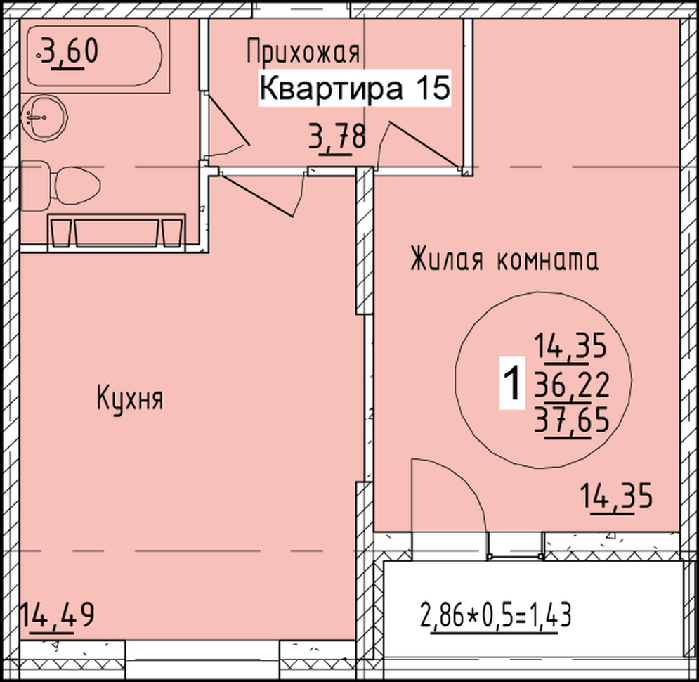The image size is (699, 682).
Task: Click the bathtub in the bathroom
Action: (x=95, y=56)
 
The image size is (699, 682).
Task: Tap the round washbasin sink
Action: (x=44, y=117)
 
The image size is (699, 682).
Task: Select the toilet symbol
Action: (x=60, y=186)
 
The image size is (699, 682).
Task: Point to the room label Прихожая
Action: (x=303, y=51)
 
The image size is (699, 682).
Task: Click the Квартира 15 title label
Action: (x=354, y=88)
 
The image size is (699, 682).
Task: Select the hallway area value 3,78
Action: (x=337, y=137)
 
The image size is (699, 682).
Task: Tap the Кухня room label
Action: (x=130, y=399)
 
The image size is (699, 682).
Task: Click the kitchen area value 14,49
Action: (x=57, y=616)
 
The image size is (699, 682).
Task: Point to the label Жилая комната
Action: (x=504, y=259)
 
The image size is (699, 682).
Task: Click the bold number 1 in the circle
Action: (x=511, y=382)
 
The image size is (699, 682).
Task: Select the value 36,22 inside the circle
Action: (x=572, y=386)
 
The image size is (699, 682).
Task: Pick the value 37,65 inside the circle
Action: (x=572, y=420)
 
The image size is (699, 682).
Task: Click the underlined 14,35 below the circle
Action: (x=616, y=497)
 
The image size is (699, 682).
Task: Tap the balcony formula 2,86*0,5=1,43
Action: (x=496, y=615)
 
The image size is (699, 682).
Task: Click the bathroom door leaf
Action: (x=227, y=119)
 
